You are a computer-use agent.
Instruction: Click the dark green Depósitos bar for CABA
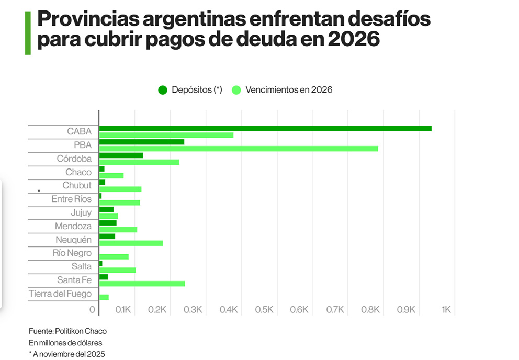pos(265,128)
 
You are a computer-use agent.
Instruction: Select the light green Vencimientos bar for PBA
pos(238,149)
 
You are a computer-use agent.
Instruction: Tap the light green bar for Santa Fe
pos(142,284)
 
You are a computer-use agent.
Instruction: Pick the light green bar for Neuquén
pos(131,243)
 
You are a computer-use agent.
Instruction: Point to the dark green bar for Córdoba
pos(121,155)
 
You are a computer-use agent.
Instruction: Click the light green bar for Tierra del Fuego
pos(104,297)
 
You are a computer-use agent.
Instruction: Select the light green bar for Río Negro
pos(114,256)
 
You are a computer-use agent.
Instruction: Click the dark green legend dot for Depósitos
pos(163,90)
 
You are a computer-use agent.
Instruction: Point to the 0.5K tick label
pos(264,310)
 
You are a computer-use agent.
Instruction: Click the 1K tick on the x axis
pos(446,310)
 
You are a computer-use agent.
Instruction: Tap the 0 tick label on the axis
pos(92,310)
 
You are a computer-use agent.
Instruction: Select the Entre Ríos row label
pos(71,199)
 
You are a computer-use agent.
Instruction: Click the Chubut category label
pos(76,186)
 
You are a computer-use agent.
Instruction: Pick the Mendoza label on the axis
pos(73,227)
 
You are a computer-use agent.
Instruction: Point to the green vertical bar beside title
pos(28,32)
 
